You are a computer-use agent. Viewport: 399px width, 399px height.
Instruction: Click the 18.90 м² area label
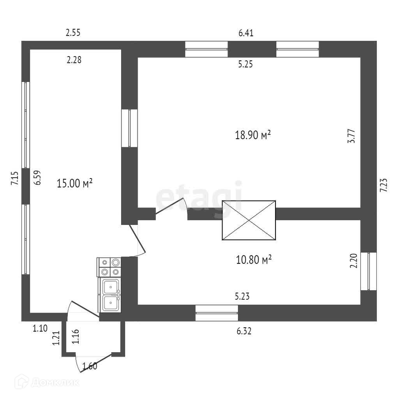coord(253,136)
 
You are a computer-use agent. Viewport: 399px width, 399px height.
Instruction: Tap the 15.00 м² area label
coord(74,183)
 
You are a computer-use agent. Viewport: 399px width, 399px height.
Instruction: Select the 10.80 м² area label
coord(254,260)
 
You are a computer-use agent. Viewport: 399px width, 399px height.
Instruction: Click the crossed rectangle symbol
coord(249,221)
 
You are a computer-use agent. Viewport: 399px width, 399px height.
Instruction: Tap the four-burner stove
coord(109,267)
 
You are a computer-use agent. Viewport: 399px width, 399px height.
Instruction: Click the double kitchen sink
coord(111,295)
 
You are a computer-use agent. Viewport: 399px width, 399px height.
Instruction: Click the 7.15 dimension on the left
coord(15,178)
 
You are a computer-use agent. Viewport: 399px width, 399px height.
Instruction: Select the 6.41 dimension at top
coord(246,33)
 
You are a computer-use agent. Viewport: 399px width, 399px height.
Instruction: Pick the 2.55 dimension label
coord(73,33)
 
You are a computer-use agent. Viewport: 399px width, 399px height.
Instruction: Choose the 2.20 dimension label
coord(354,261)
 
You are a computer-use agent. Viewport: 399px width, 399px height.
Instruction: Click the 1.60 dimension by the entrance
coord(90,365)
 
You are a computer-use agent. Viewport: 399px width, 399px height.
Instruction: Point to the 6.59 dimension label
coord(37,177)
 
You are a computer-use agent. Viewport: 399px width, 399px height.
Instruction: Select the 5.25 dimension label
coord(245,65)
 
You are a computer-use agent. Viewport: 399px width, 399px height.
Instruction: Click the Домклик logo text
coord(55,382)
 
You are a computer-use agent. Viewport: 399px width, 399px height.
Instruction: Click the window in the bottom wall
coord(217,313)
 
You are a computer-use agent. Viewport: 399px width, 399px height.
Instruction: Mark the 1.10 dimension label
coord(40,328)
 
